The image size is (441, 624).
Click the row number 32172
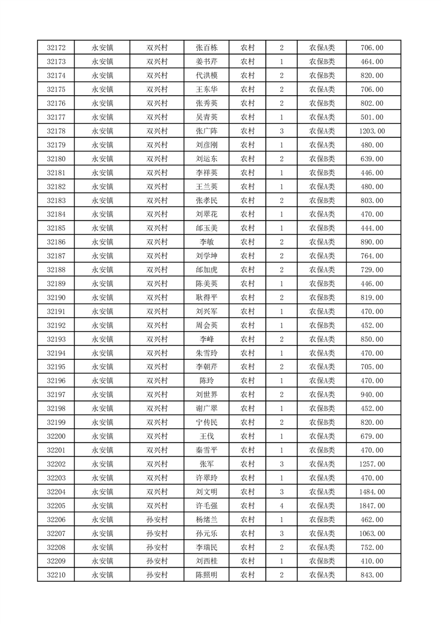point(56,48)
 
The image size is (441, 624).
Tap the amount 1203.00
point(373,131)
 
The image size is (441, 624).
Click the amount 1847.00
point(373,506)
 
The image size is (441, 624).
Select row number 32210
point(56,575)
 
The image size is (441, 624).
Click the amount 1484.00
point(373,492)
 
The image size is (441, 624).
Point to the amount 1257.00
point(373,464)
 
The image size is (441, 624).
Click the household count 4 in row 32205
point(282,506)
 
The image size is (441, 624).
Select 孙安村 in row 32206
point(157,519)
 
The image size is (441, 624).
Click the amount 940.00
point(373,395)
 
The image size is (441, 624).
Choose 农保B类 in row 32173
point(322,62)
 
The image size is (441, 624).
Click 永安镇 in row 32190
point(102,298)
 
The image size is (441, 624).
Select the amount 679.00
point(373,436)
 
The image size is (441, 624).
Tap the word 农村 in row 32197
point(247,395)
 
